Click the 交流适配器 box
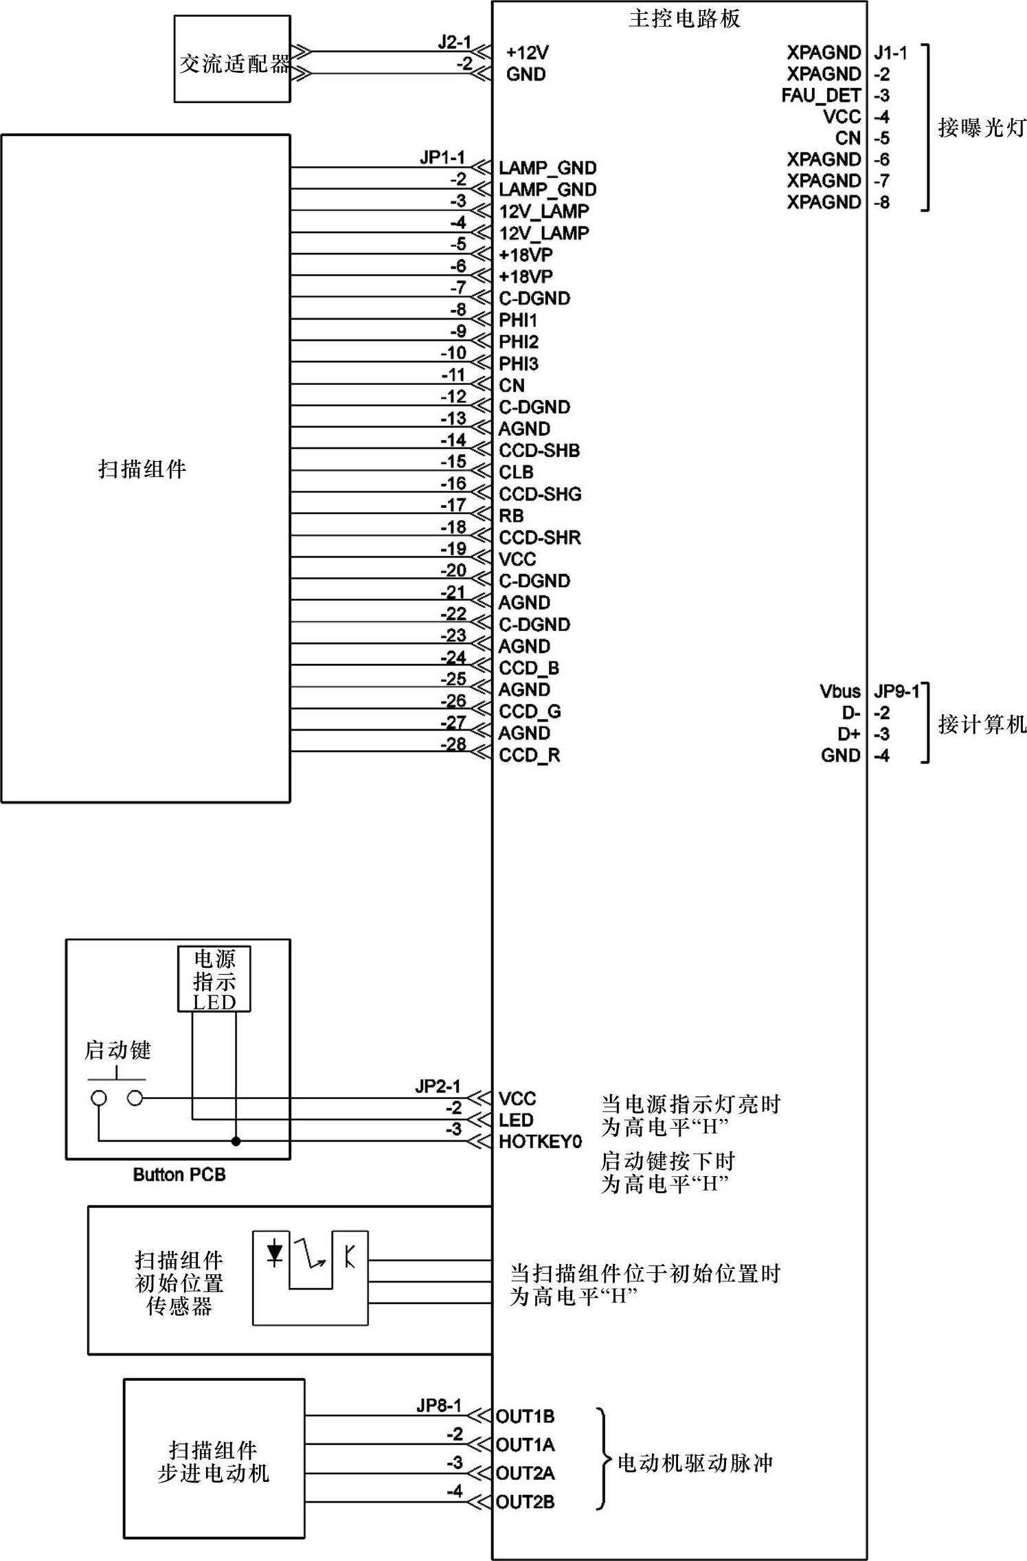click(x=232, y=60)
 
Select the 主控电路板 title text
click(x=684, y=19)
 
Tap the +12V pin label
click(x=527, y=53)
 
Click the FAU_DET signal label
click(x=821, y=96)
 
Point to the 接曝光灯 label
click(x=982, y=128)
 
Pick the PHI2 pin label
click(x=519, y=342)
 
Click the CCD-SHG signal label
click(x=540, y=494)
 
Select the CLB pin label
click(x=516, y=472)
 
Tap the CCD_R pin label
click(x=529, y=755)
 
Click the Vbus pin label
click(x=839, y=691)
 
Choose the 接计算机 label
click(x=982, y=724)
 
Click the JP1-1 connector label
click(x=442, y=157)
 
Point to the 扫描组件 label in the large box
click(x=142, y=469)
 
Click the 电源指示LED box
click(x=214, y=979)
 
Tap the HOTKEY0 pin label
click(x=540, y=1142)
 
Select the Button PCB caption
click(x=179, y=1175)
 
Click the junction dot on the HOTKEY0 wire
click(x=236, y=1141)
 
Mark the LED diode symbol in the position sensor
click(x=275, y=1253)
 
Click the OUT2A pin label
click(x=526, y=1473)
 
